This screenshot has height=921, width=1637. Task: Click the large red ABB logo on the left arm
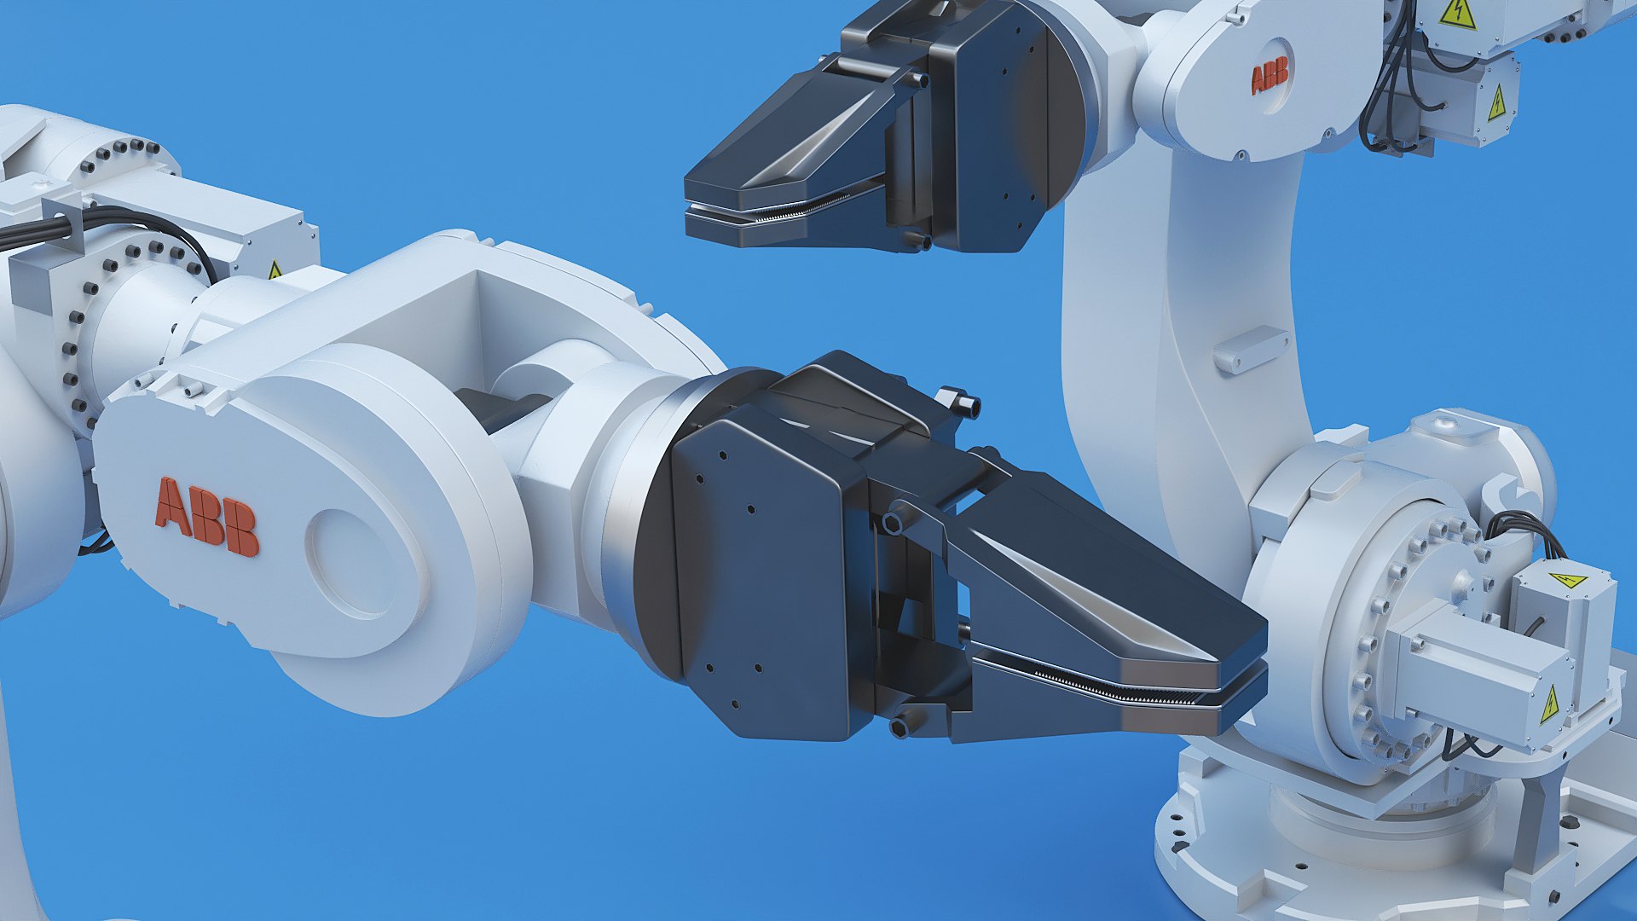pyautogui.click(x=206, y=517)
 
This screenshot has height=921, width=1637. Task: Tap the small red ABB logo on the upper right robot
pyautogui.click(x=1270, y=75)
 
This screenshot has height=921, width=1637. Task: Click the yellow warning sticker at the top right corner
pyautogui.click(x=1457, y=14)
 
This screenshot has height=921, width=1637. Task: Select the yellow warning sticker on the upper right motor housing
pyautogui.click(x=1496, y=103)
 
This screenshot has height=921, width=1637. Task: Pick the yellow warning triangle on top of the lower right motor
pyautogui.click(x=1567, y=581)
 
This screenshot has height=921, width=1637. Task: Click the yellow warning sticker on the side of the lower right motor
pyautogui.click(x=1549, y=704)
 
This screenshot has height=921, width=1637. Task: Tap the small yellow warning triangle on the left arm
pyautogui.click(x=275, y=270)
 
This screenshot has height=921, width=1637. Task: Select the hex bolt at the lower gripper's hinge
pyautogui.click(x=893, y=522)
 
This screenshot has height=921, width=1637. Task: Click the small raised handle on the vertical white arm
pyautogui.click(x=1251, y=350)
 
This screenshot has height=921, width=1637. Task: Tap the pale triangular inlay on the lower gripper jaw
pyautogui.click(x=1100, y=597)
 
